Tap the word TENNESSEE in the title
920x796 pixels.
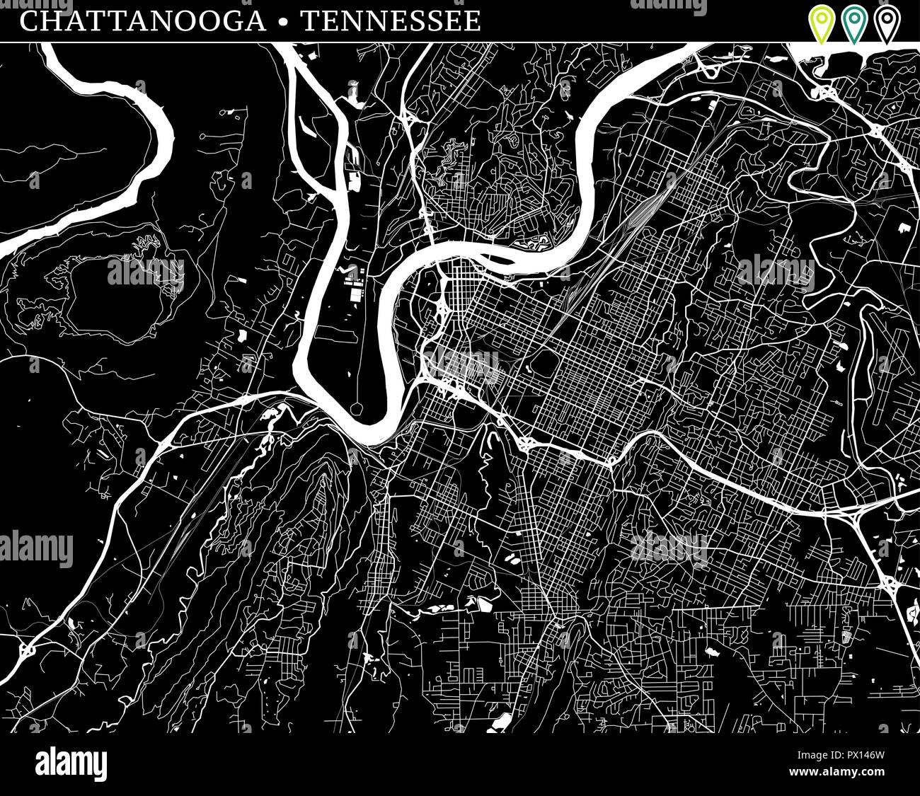tap(391, 21)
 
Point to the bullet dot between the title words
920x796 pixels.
tap(284, 22)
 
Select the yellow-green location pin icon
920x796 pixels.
tap(821, 23)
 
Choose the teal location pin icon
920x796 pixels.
tap(854, 23)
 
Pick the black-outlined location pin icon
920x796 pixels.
tap(886, 23)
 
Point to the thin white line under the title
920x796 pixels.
tap(460, 42)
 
